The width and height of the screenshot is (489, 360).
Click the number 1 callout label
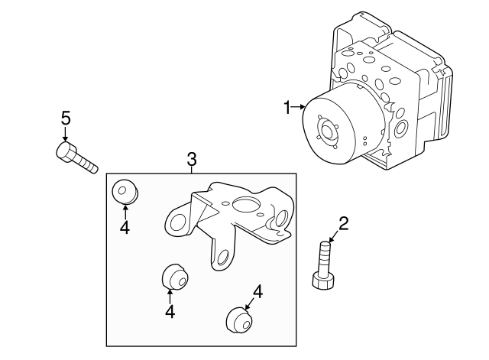[x=287, y=109]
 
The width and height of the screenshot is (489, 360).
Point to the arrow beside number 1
[x=299, y=109]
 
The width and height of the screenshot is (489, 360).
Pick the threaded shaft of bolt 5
[x=86, y=163]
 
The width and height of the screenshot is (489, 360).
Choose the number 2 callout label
[x=343, y=223]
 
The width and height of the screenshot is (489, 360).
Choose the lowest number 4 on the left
[x=170, y=311]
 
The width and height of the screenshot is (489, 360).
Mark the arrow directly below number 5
[x=66, y=134]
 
